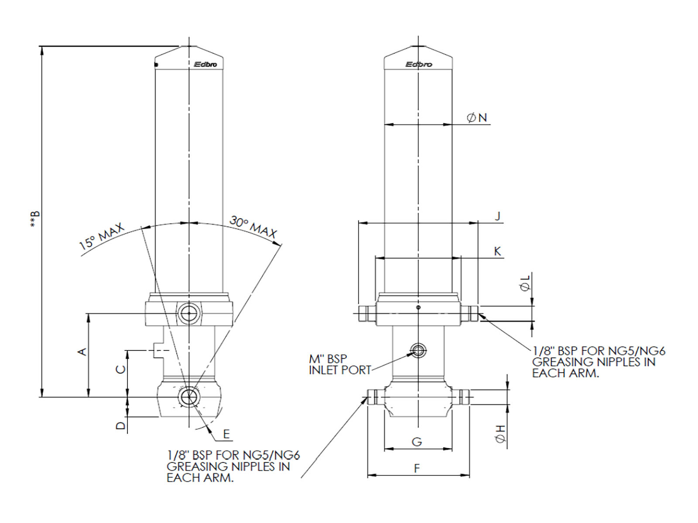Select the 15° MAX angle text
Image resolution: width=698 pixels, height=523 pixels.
click(x=102, y=237)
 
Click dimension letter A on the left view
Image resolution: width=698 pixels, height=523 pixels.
click(x=82, y=351)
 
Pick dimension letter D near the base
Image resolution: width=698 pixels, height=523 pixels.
click(x=121, y=424)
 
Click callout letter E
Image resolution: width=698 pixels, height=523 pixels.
click(x=226, y=434)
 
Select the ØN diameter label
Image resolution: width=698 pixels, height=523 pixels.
click(x=477, y=118)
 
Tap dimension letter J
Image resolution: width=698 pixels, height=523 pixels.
click(x=498, y=216)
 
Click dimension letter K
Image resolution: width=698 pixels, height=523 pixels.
click(x=497, y=251)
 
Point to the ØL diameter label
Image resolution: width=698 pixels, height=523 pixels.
click(x=525, y=283)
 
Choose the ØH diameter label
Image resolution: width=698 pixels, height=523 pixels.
click(x=500, y=434)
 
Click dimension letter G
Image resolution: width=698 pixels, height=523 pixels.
click(x=417, y=442)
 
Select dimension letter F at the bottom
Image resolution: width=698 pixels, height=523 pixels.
click(x=417, y=469)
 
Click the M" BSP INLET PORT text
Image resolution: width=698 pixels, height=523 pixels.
click(x=339, y=364)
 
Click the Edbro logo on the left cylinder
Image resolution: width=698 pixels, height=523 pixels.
click(x=205, y=65)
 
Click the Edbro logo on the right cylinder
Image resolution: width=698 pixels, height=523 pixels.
click(x=418, y=65)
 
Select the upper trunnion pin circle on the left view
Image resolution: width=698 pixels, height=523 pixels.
click(x=188, y=313)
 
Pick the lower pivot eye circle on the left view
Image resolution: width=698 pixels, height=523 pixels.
click(x=188, y=397)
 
